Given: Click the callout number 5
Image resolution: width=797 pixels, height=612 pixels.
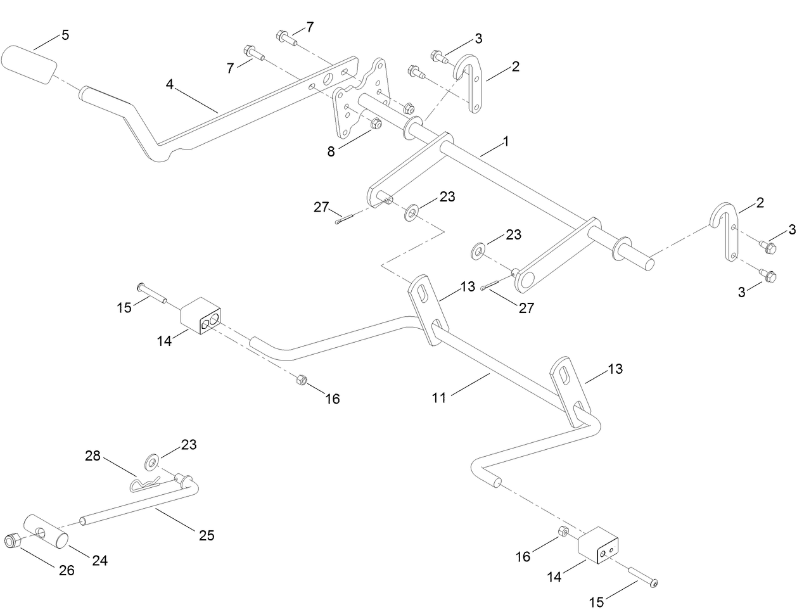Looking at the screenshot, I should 65,35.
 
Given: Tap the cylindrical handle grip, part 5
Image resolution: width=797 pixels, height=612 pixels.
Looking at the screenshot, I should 29,64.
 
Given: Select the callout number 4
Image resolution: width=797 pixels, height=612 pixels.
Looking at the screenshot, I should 170,84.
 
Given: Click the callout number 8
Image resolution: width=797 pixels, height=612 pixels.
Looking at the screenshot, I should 331,151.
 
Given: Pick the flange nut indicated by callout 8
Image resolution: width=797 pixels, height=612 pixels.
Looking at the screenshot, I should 374,124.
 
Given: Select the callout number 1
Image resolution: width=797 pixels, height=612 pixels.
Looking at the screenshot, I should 506,142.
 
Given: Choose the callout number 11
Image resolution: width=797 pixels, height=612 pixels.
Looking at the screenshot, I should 439,398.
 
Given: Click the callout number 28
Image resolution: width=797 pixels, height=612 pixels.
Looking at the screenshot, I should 93,456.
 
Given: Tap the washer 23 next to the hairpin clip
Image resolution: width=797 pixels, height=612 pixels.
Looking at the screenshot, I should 152,461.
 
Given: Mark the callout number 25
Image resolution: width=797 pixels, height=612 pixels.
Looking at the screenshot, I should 207,535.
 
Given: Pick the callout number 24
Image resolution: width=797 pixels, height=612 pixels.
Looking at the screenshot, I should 99,560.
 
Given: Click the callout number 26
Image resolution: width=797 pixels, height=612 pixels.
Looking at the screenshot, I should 67,570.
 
